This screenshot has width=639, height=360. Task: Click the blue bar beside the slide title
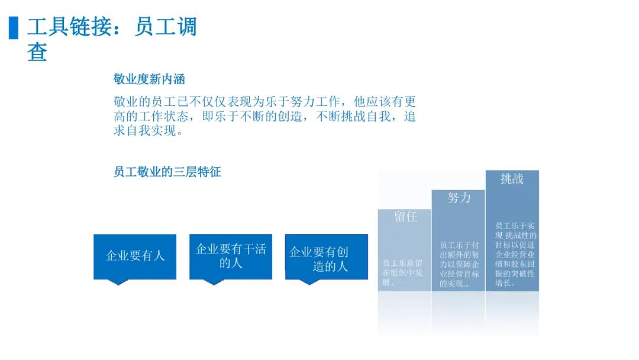[x=14, y=28]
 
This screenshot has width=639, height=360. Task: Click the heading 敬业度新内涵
[x=149, y=79]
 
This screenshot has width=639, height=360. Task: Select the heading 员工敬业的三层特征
[x=167, y=172]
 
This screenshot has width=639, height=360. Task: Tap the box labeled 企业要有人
[x=135, y=256]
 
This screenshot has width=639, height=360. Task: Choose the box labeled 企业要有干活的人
[x=231, y=256]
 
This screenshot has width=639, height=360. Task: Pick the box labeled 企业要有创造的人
[x=327, y=256]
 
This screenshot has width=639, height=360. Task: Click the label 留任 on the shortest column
[x=405, y=217]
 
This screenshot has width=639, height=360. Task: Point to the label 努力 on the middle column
[x=459, y=198]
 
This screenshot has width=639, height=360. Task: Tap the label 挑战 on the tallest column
[x=512, y=179]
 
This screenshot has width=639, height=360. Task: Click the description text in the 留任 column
[x=403, y=273]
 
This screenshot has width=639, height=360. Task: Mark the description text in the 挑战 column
[x=516, y=255]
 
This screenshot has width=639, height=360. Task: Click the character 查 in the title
[x=37, y=52]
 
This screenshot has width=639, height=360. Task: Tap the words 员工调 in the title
[x=166, y=27]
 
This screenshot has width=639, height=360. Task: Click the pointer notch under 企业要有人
[x=118, y=282]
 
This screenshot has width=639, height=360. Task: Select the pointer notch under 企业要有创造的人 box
[x=309, y=282]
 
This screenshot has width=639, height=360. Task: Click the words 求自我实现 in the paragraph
[x=145, y=131]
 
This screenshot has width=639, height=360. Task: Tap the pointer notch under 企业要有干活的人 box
[x=214, y=282]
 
